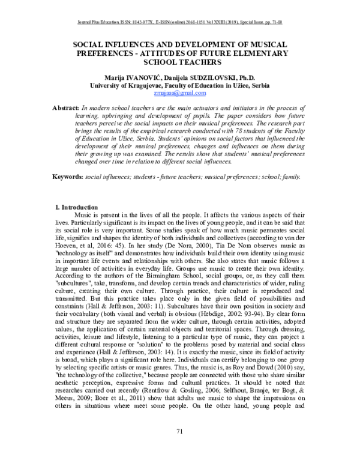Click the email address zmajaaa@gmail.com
[x=179, y=93]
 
